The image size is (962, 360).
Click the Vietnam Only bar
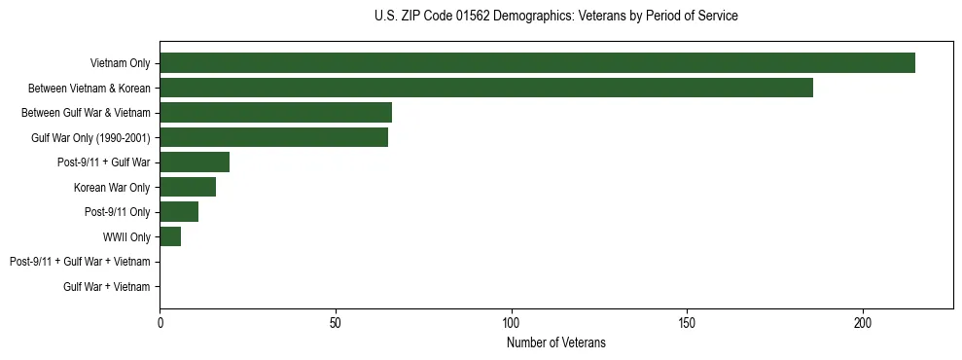click(x=537, y=63)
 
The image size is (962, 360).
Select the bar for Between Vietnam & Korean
click(x=486, y=88)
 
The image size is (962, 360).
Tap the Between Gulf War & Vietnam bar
click(x=275, y=113)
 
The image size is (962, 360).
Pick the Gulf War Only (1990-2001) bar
click(x=273, y=137)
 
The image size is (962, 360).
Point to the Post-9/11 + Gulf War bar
click(x=195, y=162)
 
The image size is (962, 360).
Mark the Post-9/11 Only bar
click(x=179, y=212)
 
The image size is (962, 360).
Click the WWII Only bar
click(x=170, y=236)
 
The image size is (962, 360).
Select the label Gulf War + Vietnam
click(x=106, y=287)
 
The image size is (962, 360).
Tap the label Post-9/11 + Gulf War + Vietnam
click(x=80, y=262)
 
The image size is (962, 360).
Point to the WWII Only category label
click(x=126, y=237)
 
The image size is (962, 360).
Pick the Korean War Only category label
click(x=111, y=188)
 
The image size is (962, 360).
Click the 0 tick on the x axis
click(x=160, y=323)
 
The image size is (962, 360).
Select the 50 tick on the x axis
click(x=336, y=323)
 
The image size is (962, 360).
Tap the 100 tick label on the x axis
click(x=511, y=323)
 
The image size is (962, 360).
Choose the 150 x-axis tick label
click(x=687, y=323)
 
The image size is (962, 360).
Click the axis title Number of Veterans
click(x=555, y=342)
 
